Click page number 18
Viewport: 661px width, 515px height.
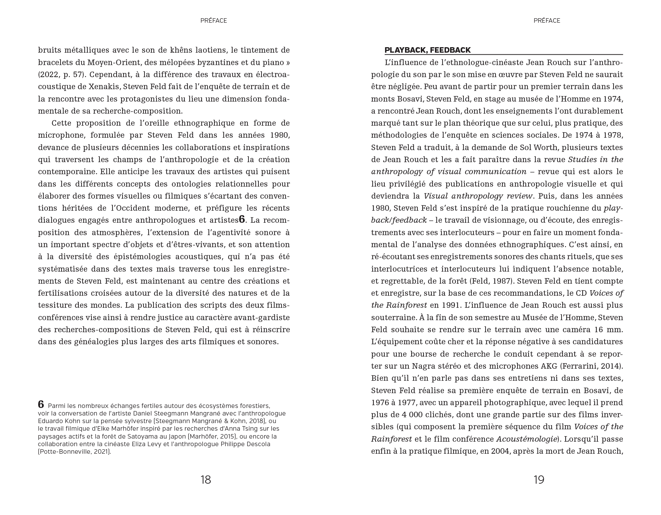tap(205, 480)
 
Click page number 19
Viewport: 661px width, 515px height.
tap(539, 480)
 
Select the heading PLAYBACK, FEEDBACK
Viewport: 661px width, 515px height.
tap(427, 50)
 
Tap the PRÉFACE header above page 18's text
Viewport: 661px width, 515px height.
tap(214, 21)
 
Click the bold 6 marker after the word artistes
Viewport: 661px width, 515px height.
tap(242, 220)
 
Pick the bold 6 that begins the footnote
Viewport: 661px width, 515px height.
tap(41, 404)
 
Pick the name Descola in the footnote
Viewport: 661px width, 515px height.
tap(258, 444)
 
